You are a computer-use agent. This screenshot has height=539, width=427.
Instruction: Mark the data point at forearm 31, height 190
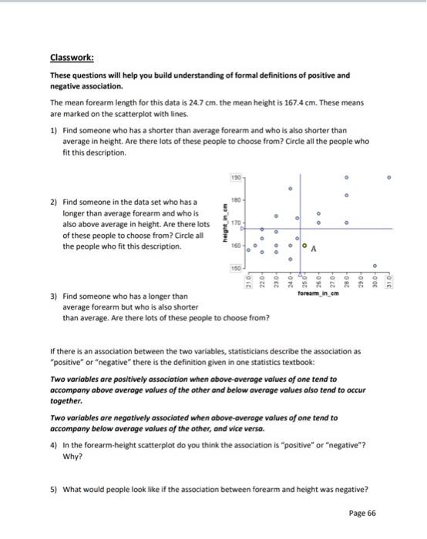389,177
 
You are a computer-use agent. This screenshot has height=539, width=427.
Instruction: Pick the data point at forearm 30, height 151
375,266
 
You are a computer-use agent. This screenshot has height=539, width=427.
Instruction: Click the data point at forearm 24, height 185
291,188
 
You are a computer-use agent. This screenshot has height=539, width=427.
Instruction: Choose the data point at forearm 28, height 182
346,196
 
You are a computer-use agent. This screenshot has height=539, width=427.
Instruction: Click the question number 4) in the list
53,445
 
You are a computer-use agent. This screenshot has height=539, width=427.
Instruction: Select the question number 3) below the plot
53,296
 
